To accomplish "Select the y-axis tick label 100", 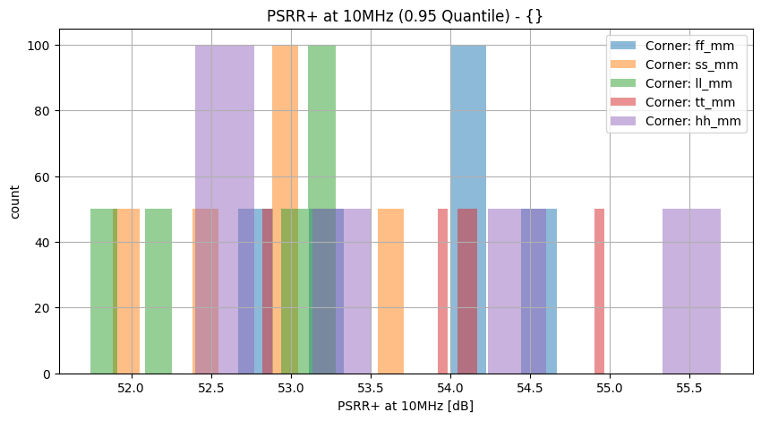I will pos(40,45).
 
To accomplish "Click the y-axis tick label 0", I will pos(47,374).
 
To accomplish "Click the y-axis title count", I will pos(15,210).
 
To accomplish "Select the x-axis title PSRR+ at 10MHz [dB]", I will pos(406,407).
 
